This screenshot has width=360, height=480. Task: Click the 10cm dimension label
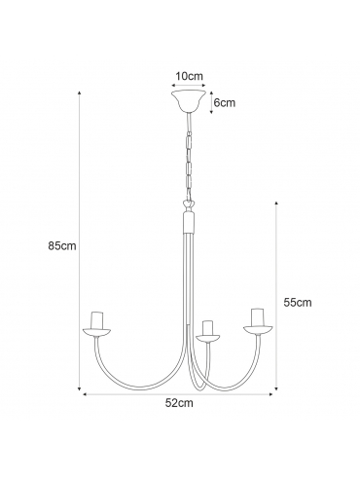(189, 76)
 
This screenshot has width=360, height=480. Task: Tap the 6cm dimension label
(225, 103)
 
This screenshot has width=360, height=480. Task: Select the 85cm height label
(62, 245)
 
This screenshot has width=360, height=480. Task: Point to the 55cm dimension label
(298, 303)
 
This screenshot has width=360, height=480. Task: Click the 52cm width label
(179, 403)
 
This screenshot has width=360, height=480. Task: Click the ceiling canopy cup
(189, 101)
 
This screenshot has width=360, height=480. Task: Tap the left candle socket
(97, 320)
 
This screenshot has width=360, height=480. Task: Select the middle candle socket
(207, 328)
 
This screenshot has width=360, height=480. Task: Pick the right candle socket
(258, 317)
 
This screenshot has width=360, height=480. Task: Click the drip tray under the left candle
(97, 333)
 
